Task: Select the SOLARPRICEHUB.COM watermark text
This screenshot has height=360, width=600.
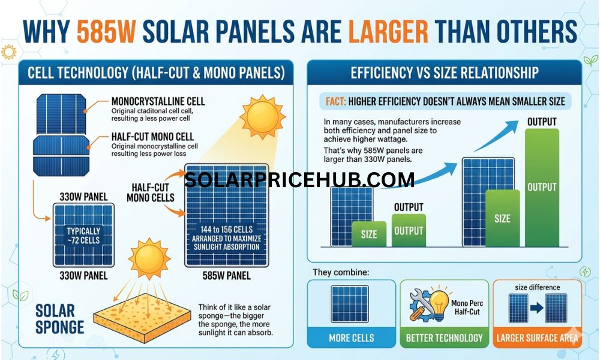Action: point(299,179)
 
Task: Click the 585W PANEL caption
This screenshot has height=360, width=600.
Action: point(227,276)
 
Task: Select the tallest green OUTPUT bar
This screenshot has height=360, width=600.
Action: point(541,186)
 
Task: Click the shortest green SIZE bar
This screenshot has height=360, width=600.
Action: point(369,234)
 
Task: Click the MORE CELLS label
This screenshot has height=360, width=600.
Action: point(351,338)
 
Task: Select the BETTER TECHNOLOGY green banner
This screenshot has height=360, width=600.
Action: point(444,338)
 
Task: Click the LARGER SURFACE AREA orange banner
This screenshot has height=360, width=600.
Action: point(537,338)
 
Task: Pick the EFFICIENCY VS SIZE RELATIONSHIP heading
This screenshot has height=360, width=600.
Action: point(444,73)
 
